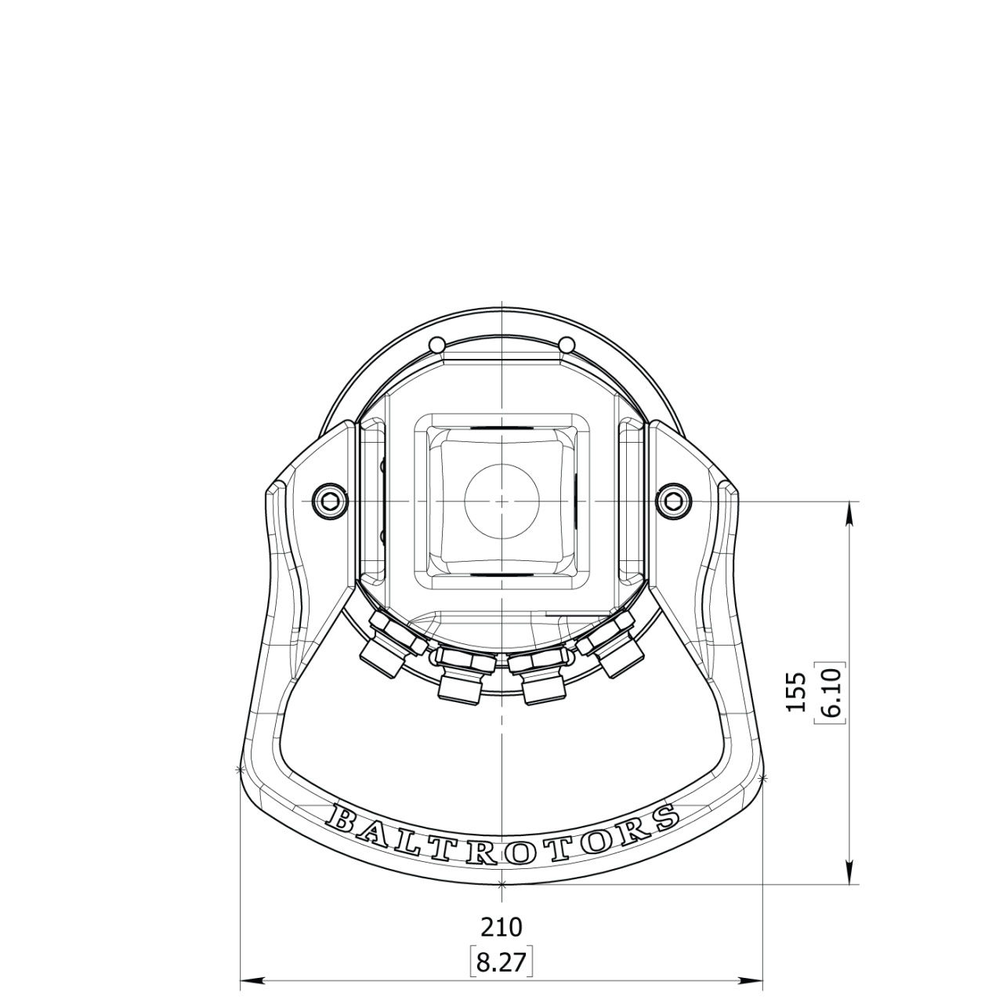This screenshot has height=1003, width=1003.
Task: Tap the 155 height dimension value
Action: pos(796,692)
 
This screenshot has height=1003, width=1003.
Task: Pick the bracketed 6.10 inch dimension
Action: pos(831,692)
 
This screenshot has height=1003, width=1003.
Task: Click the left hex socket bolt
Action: pos(329,501)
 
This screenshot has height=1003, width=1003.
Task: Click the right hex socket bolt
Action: pos(675,501)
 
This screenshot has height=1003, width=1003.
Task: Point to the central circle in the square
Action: pos(501,501)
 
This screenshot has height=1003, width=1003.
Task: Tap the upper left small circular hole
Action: pos(436,345)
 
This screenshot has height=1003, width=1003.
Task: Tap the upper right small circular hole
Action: pos(567,345)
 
